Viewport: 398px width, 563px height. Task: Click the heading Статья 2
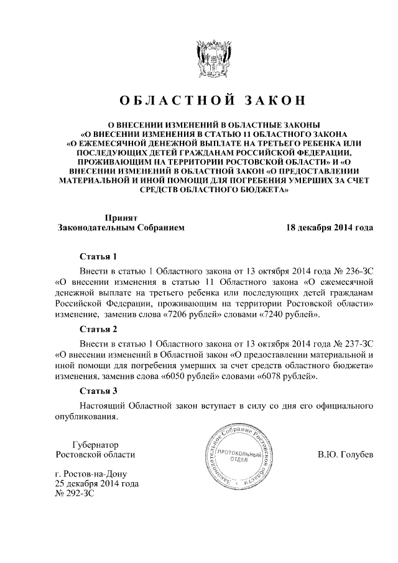click(98, 328)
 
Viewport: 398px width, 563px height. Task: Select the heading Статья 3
click(98, 391)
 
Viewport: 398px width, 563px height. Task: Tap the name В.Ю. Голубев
click(346, 455)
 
